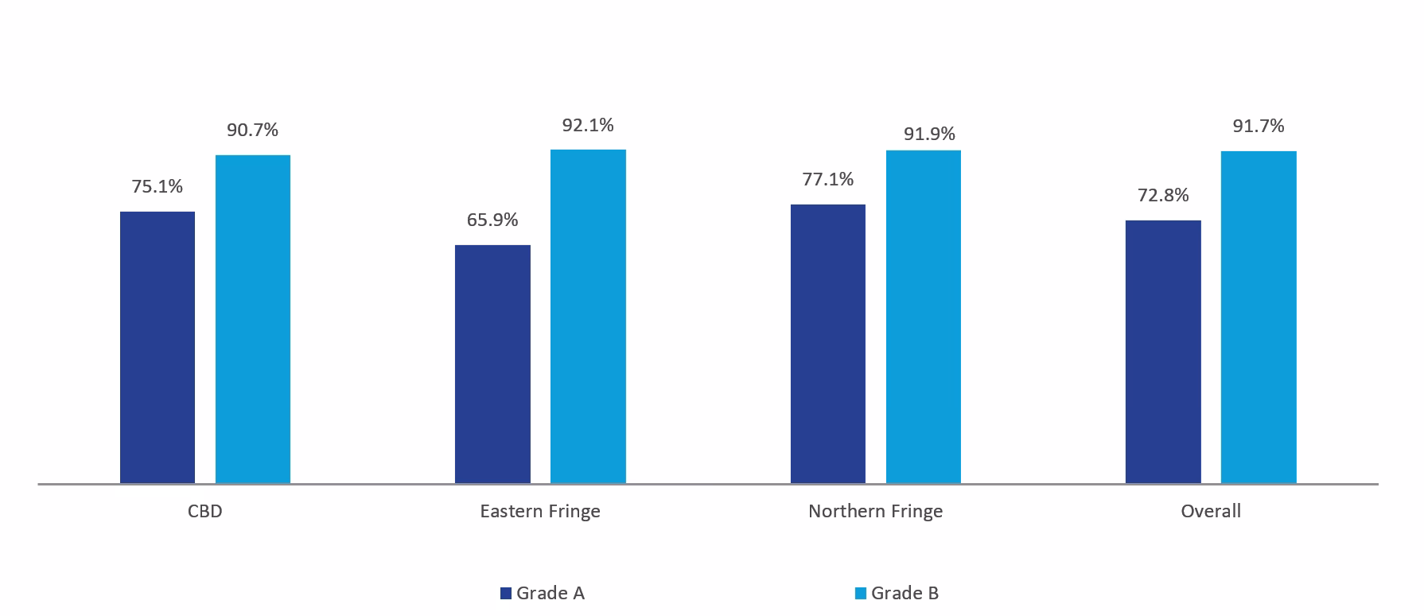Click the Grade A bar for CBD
pos(158,347)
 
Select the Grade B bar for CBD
pos(253,318)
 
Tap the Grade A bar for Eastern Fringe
pos(492,364)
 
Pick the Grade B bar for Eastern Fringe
pos(588,316)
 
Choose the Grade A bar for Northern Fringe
pos(827,343)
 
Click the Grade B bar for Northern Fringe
pos(923,316)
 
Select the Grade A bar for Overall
pos(1163,351)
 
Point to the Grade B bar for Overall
pos(1259,317)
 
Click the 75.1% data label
pos(158,186)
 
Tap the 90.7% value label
pos(253,130)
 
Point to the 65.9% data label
pos(492,220)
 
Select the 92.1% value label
pos(588,125)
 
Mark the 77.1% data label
pos(828,179)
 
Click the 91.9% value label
pos(929,134)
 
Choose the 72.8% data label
pos(1163,195)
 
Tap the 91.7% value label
pos(1259,126)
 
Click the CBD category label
pos(205,511)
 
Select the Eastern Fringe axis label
pos(540,511)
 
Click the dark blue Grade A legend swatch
pos(505,593)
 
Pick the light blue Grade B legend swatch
pos(860,593)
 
